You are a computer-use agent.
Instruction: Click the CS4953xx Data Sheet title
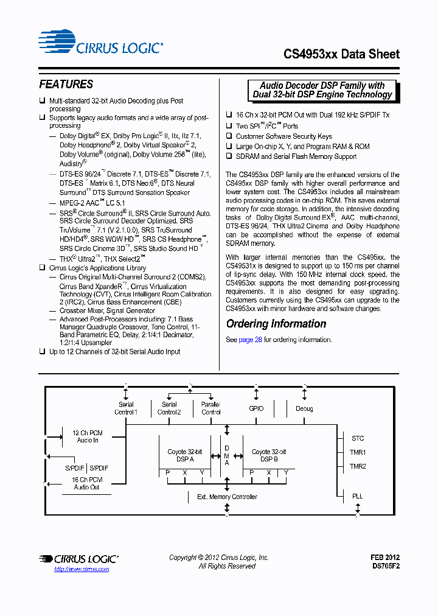[341, 54]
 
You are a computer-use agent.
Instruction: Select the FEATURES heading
[66, 85]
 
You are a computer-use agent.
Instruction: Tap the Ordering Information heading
[276, 324]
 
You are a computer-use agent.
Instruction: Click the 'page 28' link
[250, 340]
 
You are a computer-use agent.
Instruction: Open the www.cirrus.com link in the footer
[82, 569]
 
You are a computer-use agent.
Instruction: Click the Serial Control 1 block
[126, 408]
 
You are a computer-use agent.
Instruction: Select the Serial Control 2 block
[169, 408]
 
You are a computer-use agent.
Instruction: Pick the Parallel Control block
[210, 408]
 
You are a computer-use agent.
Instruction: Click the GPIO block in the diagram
[257, 408]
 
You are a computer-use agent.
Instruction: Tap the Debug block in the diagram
[304, 408]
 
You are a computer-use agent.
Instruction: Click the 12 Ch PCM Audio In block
[88, 436]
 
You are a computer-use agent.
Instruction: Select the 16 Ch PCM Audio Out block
[86, 483]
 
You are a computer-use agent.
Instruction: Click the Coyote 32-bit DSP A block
[185, 455]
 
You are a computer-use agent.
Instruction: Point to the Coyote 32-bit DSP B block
[269, 455]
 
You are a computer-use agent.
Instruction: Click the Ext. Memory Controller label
[227, 497]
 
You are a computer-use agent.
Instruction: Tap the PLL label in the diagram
[358, 496]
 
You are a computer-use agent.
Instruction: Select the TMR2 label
[358, 466]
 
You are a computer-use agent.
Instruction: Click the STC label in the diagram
[358, 438]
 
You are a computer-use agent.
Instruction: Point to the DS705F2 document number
[385, 566]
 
